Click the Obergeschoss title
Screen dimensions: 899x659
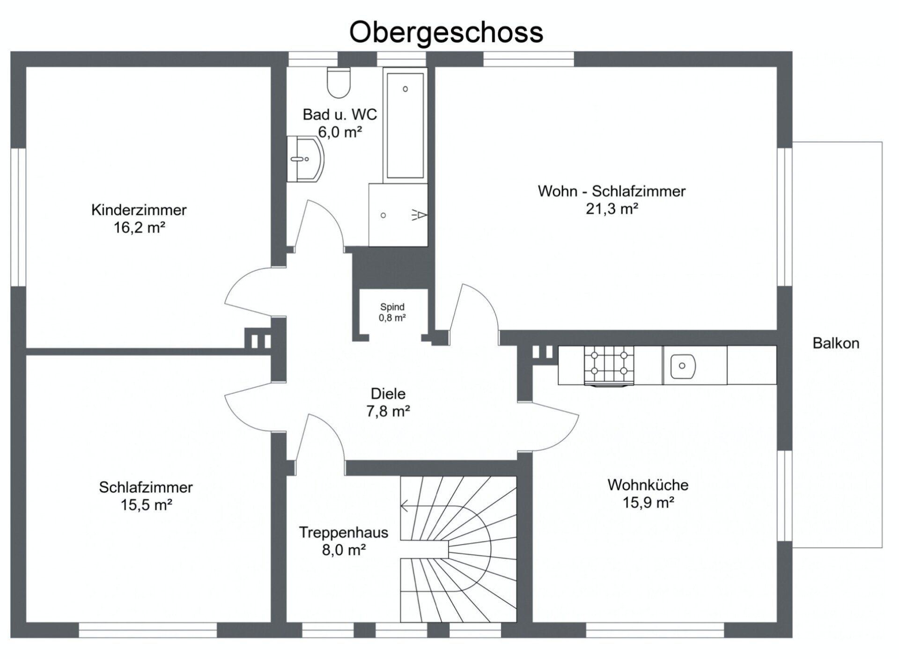tap(446, 32)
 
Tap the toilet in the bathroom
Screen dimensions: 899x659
tap(339, 82)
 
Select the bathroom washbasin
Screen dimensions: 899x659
tap(305, 159)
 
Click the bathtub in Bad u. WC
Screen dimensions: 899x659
tap(405, 125)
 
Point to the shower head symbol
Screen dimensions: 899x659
tap(420, 215)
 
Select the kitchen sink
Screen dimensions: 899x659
tap(683, 366)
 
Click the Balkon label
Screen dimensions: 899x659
tap(836, 343)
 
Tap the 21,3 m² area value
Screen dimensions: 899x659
tap(612, 209)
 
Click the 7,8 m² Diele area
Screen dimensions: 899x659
tap(388, 411)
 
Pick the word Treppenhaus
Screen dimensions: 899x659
tap(344, 533)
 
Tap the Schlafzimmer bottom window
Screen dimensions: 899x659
tap(148, 630)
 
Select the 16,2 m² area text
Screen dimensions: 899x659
tap(140, 228)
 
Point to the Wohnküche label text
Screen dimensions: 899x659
tap(648, 485)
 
